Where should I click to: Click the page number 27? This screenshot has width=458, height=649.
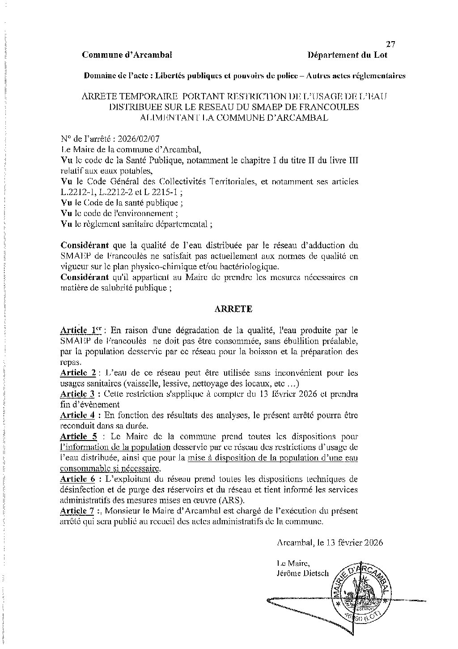coord(390,44)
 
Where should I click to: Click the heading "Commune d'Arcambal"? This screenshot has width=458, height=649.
coord(127,55)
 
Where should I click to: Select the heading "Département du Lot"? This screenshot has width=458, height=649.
coord(348,55)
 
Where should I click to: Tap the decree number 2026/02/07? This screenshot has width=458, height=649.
coord(135,139)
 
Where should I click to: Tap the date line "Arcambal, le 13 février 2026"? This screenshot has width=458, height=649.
coord(330,543)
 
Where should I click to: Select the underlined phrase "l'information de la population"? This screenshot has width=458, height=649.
coord(115,447)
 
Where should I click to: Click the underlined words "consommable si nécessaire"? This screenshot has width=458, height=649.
coord(110,468)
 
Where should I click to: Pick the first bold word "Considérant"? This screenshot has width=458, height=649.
coord(85,246)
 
